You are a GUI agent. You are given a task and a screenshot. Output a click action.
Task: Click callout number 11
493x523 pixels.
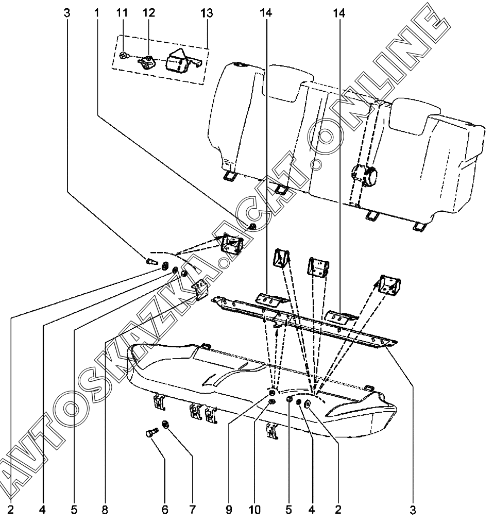122,13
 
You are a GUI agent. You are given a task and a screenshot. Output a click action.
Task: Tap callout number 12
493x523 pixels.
149,13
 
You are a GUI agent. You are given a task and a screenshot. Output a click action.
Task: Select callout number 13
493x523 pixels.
207,13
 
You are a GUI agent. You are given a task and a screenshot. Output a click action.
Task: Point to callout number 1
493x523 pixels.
97,13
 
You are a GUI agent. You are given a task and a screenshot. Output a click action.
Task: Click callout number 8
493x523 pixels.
105,509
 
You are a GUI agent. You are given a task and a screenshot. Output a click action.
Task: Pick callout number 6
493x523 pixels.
165,509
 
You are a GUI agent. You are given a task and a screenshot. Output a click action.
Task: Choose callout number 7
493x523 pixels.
193,509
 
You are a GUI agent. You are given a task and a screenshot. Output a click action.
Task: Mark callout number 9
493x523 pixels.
229,509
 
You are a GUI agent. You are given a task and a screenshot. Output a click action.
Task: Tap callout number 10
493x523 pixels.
254,509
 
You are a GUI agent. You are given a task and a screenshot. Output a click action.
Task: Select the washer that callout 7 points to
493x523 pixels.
165,425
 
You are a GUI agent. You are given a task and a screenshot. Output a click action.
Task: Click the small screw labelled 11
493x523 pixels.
124,56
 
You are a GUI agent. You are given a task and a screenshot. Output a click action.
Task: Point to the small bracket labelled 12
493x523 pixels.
147,62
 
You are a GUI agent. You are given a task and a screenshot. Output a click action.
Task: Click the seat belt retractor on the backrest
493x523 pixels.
364,174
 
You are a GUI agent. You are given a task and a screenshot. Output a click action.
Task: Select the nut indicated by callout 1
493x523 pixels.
252,227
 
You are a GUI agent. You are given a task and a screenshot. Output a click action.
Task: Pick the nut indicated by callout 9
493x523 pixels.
272,393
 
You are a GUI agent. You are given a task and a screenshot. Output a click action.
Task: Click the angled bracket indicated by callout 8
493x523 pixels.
200,289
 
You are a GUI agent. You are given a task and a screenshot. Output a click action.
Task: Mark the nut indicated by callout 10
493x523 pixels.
272,401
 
